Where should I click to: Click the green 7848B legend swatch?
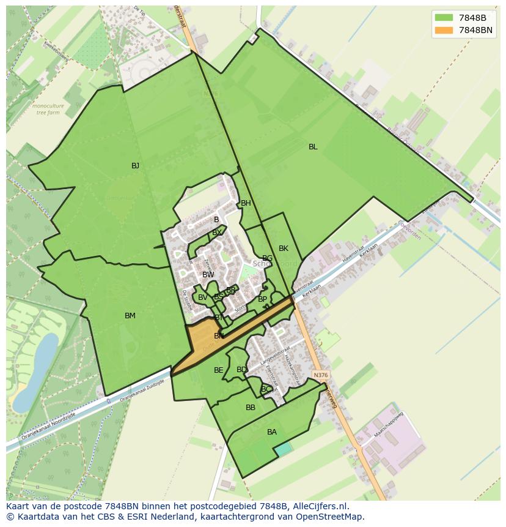click(444, 18)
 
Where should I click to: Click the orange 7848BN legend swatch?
click(444, 30)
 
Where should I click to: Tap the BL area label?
click(313, 147)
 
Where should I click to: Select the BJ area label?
click(135, 166)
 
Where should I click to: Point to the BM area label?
click(130, 316)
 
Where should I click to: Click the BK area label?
click(284, 249)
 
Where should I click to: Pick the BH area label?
click(246, 203)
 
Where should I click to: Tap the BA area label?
click(272, 432)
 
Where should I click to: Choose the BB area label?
click(251, 408)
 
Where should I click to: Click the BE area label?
click(218, 370)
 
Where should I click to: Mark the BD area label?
click(241, 370)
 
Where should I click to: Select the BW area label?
click(208, 275)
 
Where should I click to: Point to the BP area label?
click(262, 299)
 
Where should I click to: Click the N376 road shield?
click(320, 375)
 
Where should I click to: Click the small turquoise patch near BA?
click(282, 449)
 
